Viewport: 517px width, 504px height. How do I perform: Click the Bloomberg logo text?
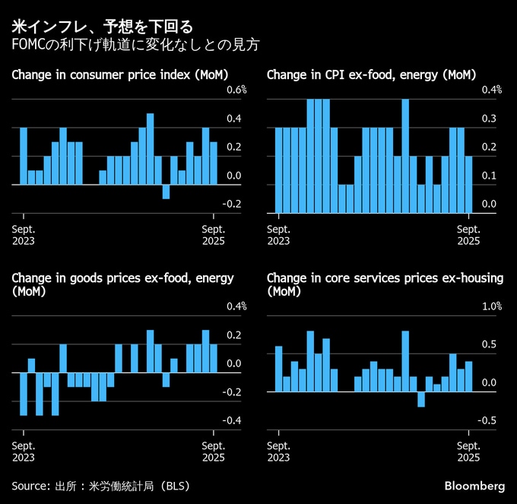click(474, 486)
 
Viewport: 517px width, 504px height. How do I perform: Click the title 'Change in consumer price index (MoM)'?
click(120, 74)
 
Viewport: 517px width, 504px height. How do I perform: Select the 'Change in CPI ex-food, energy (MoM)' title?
click(371, 74)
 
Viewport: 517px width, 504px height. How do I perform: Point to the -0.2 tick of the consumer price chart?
click(233, 204)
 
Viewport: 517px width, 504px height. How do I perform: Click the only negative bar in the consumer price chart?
click(166, 191)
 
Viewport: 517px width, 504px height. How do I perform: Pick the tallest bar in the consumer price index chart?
click(150, 148)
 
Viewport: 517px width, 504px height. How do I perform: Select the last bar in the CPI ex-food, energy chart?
click(468, 184)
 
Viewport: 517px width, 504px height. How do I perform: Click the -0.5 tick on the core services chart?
click(488, 420)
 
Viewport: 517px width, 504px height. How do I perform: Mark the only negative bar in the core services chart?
click(420, 399)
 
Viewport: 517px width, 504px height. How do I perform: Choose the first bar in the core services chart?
click(278, 369)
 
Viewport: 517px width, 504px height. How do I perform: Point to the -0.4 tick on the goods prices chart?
click(233, 420)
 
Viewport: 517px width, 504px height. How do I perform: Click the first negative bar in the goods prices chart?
click(24, 394)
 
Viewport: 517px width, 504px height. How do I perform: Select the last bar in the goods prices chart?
click(213, 358)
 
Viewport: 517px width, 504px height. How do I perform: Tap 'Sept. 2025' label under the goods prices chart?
click(213, 452)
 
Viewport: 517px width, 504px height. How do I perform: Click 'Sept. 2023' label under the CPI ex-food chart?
click(279, 235)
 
